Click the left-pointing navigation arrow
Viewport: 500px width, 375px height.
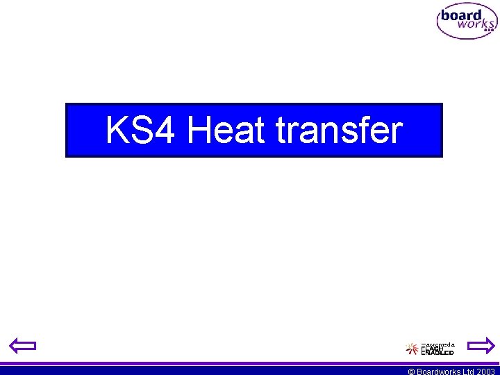[22, 345]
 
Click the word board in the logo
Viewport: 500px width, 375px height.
[461, 16]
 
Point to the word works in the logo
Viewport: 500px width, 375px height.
[474, 24]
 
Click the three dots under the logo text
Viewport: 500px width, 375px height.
[489, 31]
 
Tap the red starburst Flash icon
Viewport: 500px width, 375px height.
[412, 349]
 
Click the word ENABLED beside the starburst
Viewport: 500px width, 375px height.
[437, 353]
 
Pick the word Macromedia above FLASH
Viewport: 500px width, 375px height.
[439, 344]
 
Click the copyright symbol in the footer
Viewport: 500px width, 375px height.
[411, 372]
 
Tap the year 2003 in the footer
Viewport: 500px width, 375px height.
[485, 372]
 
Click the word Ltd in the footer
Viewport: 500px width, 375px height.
[469, 372]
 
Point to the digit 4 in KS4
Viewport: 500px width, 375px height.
[165, 131]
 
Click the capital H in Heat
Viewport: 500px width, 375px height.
[199, 131]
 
